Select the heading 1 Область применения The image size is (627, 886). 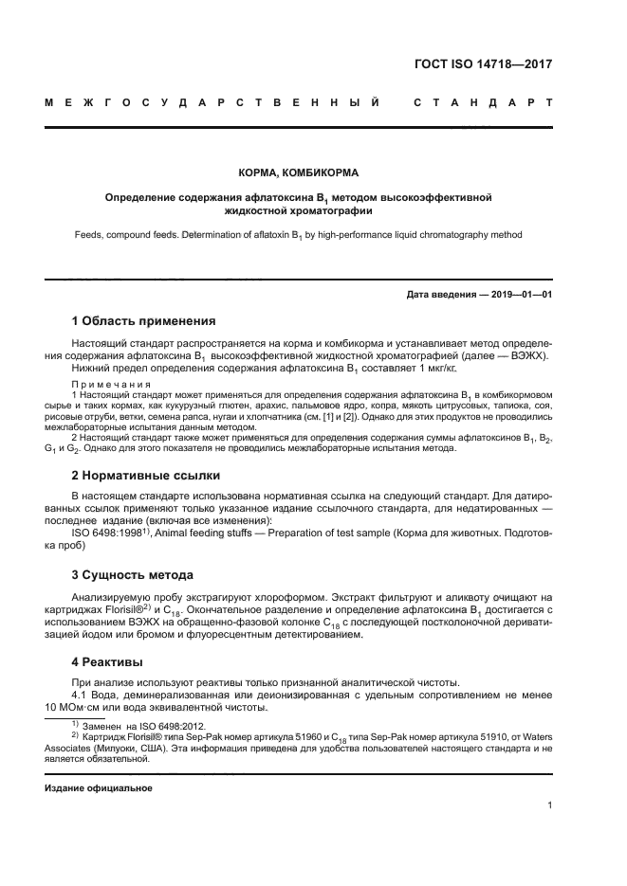coord(143,320)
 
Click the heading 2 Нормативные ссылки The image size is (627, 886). coord(146,474)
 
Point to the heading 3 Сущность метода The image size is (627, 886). coord(133,575)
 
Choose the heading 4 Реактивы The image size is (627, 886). coord(110,661)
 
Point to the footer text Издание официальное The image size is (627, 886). coord(99,788)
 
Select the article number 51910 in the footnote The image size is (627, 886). coord(457,736)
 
